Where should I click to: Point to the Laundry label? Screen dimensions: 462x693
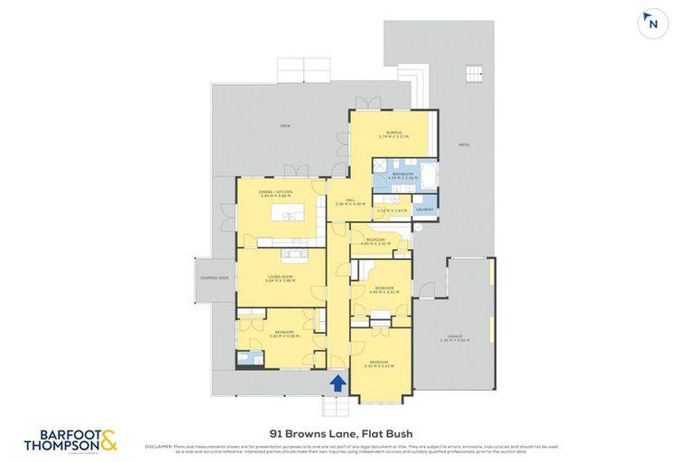pos(425,210)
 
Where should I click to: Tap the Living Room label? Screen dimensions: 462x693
pos(279,279)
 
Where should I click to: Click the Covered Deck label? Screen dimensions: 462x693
pos(217,279)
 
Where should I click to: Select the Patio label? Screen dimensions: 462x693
pos(464,143)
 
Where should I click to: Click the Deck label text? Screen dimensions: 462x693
pos(285,125)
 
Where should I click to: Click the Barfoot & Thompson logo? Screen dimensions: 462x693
pos(72,439)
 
